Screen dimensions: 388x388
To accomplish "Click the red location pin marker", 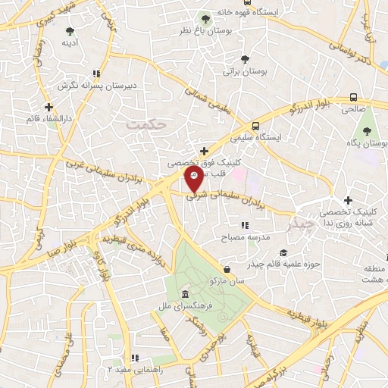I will [x=194, y=179].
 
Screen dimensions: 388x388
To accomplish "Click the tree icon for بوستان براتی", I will [x=244, y=59].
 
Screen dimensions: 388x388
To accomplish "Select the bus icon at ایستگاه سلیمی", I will [x=256, y=126].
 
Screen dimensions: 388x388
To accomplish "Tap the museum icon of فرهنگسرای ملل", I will [x=184, y=294].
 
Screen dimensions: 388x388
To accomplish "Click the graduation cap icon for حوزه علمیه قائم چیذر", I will [x=283, y=252].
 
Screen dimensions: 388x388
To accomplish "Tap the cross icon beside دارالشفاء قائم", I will [x=48, y=107].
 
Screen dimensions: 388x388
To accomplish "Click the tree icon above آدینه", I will [x=70, y=32].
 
